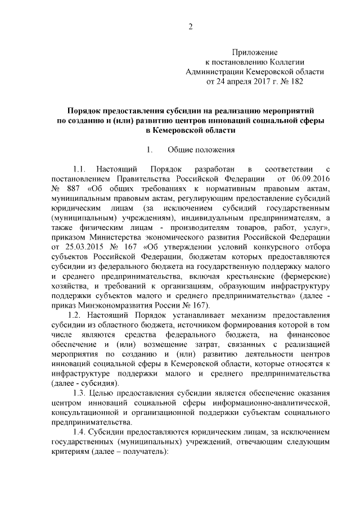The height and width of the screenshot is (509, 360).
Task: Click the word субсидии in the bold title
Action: (165, 110)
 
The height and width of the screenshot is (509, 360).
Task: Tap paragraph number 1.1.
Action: (82, 169)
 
